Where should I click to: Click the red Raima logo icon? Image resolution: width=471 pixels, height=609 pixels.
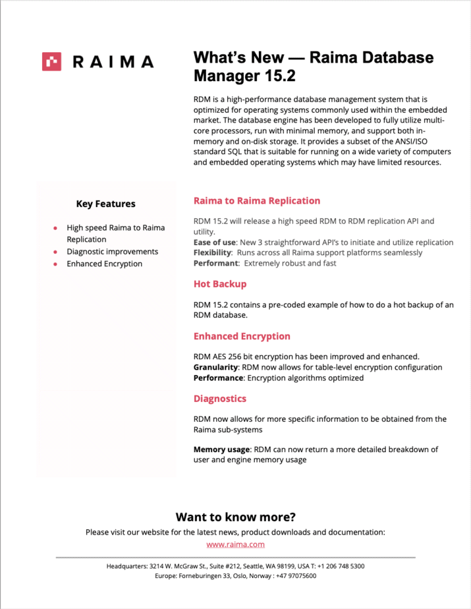pyautogui.click(x=51, y=61)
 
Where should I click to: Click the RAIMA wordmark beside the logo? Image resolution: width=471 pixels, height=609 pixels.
pyautogui.click(x=113, y=62)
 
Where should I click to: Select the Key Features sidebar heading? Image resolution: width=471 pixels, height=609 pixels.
pyautogui.click(x=105, y=204)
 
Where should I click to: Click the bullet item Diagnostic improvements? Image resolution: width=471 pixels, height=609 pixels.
pyautogui.click(x=112, y=252)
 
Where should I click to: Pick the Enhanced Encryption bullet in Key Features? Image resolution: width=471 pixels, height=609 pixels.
pyautogui.click(x=104, y=264)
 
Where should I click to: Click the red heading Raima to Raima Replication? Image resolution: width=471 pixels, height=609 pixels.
pyautogui.click(x=257, y=201)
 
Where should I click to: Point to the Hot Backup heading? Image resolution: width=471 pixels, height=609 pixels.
pyautogui.click(x=220, y=284)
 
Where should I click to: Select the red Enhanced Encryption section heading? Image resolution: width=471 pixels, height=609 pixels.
pyautogui.click(x=242, y=336)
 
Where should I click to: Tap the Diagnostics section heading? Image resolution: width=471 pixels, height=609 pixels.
pyautogui.click(x=220, y=399)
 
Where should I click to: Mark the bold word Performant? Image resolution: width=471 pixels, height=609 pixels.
pyautogui.click(x=216, y=263)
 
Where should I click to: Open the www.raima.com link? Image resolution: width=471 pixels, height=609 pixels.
pyautogui.click(x=235, y=544)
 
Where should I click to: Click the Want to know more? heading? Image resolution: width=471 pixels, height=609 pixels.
pyautogui.click(x=235, y=517)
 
